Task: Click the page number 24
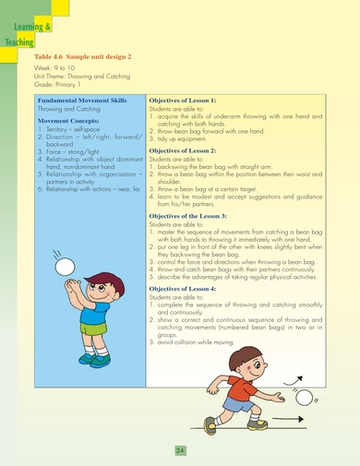(x=179, y=448)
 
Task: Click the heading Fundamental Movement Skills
(x=81, y=99)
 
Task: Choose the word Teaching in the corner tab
(x=18, y=42)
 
